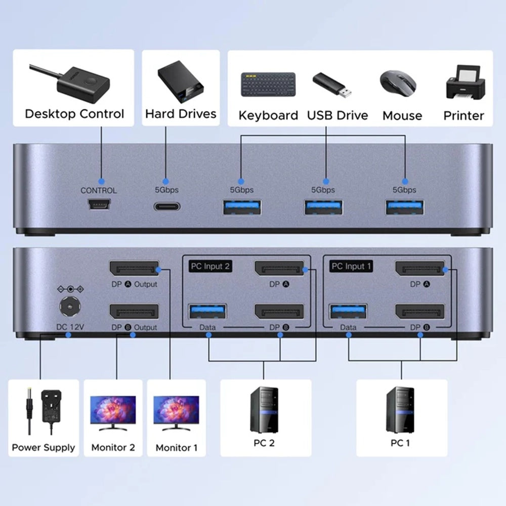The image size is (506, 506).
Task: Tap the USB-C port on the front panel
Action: pyautogui.click(x=165, y=206)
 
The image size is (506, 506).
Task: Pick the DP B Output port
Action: pyautogui.click(x=134, y=312)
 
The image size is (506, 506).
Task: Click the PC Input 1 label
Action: pyautogui.click(x=351, y=266)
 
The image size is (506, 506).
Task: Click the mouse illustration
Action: pyautogui.click(x=398, y=81)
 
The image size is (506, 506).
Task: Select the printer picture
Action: pyautogui.click(x=463, y=81)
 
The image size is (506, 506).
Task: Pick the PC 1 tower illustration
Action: pyautogui.click(x=400, y=409)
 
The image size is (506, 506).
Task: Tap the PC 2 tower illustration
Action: pyautogui.click(x=264, y=409)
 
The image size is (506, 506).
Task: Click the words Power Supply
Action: pyautogui.click(x=43, y=447)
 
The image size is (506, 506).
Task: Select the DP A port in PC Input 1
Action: pyautogui.click(x=420, y=269)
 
